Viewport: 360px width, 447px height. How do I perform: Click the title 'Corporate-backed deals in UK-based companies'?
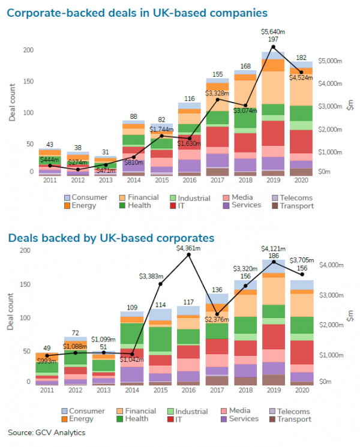(138, 12)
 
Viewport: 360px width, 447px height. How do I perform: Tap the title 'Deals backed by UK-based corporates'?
(111, 238)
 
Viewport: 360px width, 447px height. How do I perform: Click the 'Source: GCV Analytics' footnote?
(47, 432)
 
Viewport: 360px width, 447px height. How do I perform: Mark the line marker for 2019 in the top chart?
(273, 47)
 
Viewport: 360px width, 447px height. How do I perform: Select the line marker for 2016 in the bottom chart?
(189, 255)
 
